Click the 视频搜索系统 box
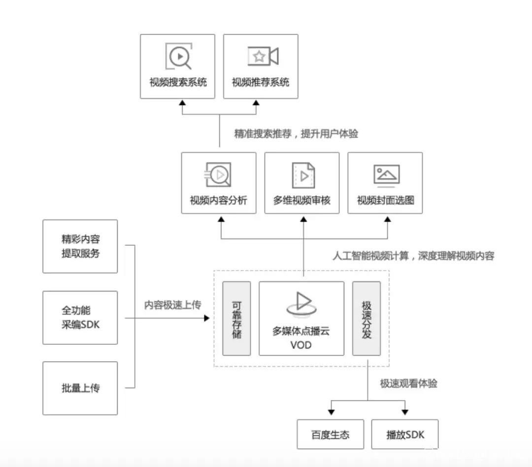[177, 67]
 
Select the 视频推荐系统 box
[261, 67]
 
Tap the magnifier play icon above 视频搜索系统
[178, 56]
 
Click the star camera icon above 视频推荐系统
[262, 56]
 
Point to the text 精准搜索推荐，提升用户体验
[296, 134]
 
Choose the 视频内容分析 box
[219, 183]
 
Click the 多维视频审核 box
[302, 183]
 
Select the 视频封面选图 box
[385, 183]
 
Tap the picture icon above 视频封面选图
[386, 174]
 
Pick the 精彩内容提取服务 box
[80, 246]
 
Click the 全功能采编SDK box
[80, 318]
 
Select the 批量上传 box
[80, 388]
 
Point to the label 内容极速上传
[172, 305]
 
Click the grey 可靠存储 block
[236, 318]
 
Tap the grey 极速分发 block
[366, 318]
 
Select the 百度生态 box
[331, 434]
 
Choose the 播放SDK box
[404, 434]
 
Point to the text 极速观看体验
[408, 384]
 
